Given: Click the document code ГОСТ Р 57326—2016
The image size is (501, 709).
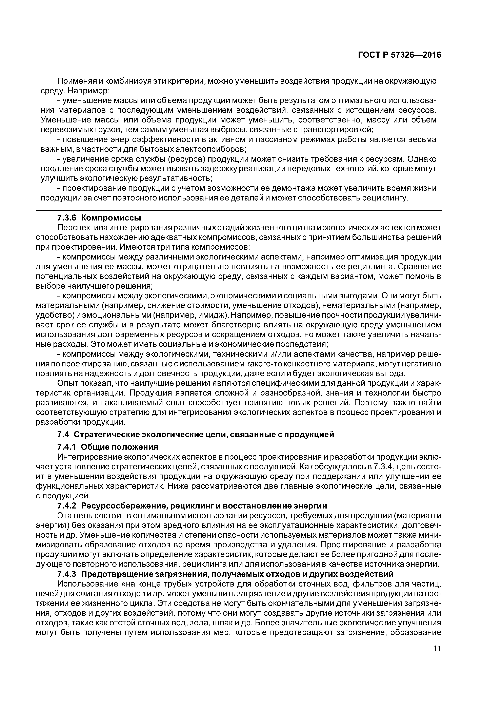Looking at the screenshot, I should click(399, 55).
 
